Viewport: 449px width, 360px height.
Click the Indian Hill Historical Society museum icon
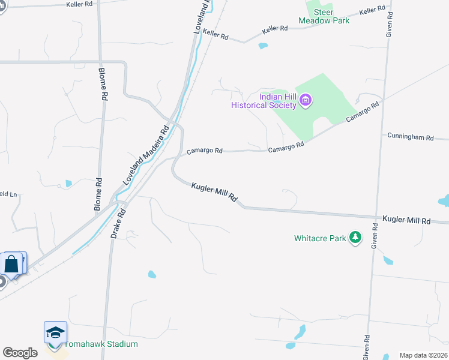(x=306, y=100)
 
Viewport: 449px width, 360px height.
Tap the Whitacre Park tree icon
(x=356, y=238)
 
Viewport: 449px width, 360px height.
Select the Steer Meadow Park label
(x=324, y=16)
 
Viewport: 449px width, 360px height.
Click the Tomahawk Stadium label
(x=101, y=344)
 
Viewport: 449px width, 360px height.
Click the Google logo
(x=20, y=352)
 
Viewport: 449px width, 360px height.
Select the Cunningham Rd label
(x=411, y=137)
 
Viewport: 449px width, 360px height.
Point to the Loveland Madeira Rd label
(x=146, y=155)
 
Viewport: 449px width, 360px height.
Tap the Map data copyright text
(x=423, y=355)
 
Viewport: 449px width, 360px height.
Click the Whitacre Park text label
(x=320, y=238)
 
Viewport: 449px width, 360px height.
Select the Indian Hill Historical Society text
(x=265, y=101)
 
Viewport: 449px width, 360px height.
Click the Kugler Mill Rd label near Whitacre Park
(x=406, y=221)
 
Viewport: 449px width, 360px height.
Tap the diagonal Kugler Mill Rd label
(x=214, y=193)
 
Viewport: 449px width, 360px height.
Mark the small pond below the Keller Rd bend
(x=262, y=46)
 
